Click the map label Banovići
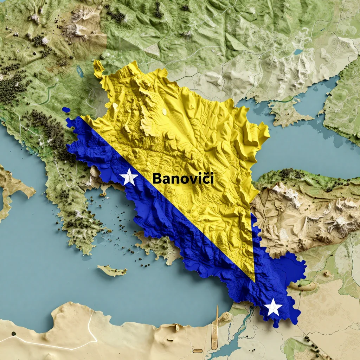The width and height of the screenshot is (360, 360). tap(183, 179)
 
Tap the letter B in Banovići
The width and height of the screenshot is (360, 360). tap(157, 179)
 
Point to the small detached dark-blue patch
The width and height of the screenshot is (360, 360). tap(66, 110)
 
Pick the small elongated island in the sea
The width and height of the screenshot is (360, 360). tap(112, 270)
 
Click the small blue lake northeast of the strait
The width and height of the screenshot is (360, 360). tap(298, 52)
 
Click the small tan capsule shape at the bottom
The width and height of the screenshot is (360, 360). tap(198, 351)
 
